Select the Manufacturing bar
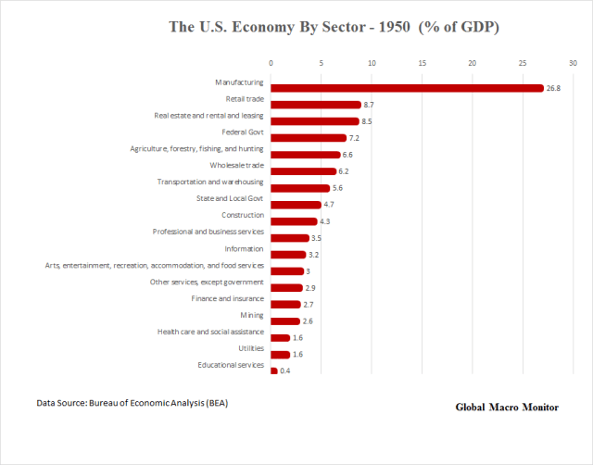pyautogui.click(x=407, y=88)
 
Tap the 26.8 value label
pyautogui.click(x=553, y=88)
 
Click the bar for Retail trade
pyautogui.click(x=315, y=105)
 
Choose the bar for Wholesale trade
pyautogui.click(x=303, y=171)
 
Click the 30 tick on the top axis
pyautogui.click(x=573, y=63)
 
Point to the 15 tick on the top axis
pyautogui.click(x=422, y=63)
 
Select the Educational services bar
pyautogui.click(x=273, y=371)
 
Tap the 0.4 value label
pyautogui.click(x=284, y=371)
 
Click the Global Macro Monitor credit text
pyautogui.click(x=507, y=408)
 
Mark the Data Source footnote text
pyautogui.click(x=132, y=403)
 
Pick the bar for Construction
pyautogui.click(x=293, y=221)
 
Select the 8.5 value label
pyautogui.click(x=368, y=121)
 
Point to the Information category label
pyautogui.click(x=244, y=248)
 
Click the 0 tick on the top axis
pyautogui.click(x=271, y=63)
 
